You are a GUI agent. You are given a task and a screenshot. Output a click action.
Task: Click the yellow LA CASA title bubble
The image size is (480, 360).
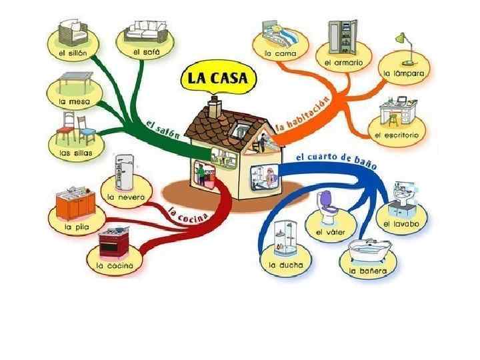[218, 78]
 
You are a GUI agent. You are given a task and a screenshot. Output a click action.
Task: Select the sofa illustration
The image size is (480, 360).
[145, 31]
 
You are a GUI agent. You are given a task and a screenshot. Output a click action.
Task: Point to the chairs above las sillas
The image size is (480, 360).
[74, 129]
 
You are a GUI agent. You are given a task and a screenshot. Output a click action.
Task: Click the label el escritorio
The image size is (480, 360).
[397, 135]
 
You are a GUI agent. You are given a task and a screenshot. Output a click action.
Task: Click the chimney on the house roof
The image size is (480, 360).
[214, 107]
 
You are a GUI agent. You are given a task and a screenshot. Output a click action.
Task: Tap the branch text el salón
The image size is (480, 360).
[163, 127]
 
